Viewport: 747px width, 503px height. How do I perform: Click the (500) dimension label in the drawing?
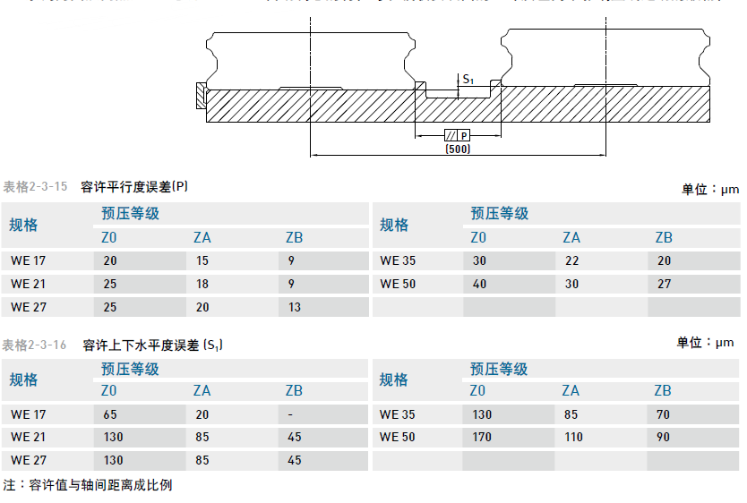(457, 149)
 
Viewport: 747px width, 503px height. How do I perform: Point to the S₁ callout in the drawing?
(468, 80)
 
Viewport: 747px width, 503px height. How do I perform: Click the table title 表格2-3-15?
(35, 187)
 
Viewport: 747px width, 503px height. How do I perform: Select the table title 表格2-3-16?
(35, 345)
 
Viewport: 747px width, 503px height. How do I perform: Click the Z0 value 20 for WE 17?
(110, 261)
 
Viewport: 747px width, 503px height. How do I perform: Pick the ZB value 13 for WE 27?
(295, 307)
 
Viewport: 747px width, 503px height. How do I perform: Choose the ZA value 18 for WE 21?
(202, 284)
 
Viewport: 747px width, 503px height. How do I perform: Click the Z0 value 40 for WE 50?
(480, 284)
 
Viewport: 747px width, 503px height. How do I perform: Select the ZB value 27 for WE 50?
(664, 284)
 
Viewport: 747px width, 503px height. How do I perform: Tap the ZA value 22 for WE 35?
(571, 261)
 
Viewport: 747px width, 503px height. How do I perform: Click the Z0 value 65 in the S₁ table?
(110, 414)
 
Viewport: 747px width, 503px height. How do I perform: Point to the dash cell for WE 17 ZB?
(293, 414)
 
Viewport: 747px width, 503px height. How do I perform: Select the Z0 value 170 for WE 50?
(483, 438)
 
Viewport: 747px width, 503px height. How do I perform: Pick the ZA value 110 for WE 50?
(574, 438)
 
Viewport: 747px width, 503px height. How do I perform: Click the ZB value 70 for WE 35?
(664, 414)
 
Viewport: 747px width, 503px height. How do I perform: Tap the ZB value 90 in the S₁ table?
(664, 438)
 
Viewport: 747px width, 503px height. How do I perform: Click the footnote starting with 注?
(88, 485)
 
